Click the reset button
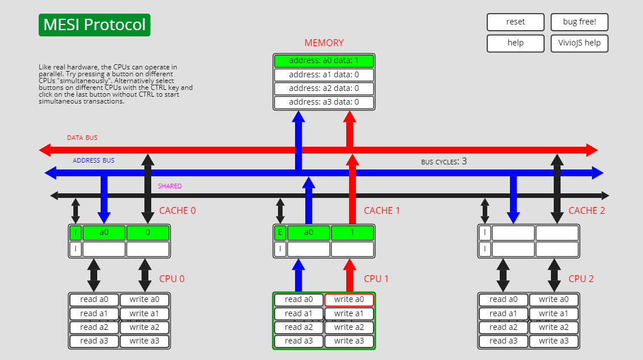[515, 22]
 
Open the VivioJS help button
[579, 43]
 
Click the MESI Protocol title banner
[94, 25]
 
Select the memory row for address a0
[323, 61]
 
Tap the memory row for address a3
[323, 102]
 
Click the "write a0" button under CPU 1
[349, 300]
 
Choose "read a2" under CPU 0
[94, 328]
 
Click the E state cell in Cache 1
[280, 233]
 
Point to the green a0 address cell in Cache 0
[104, 233]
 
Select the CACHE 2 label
[587, 211]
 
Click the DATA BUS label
[82, 138]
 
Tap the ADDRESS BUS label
[94, 161]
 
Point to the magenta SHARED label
[170, 187]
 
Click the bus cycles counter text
[443, 162]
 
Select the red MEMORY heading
[324, 43]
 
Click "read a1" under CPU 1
[298, 314]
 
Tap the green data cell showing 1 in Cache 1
[352, 233]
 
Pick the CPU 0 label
[172, 279]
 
